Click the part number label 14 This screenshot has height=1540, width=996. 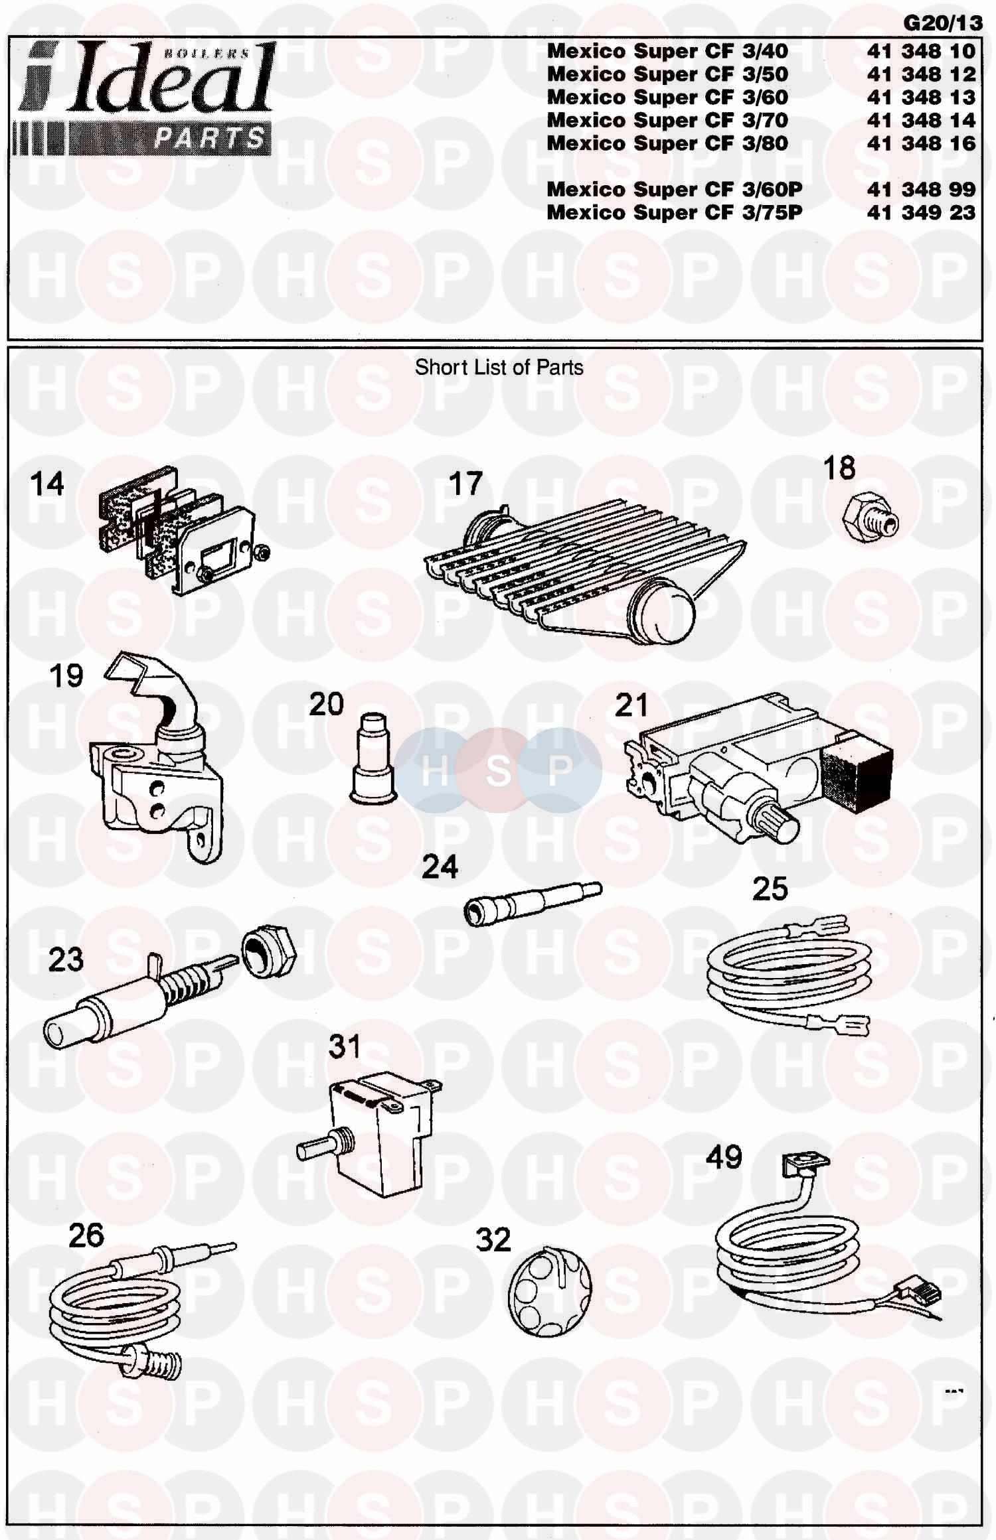pos(47,484)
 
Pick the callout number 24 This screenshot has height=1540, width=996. pos(440,867)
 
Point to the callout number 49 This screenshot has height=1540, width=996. pos(724,1157)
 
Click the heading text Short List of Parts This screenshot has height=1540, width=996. pos(499,368)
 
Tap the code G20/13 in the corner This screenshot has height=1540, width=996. pos(943,23)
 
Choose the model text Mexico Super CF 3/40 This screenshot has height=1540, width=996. pos(667,51)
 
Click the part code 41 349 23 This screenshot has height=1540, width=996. pos(921,212)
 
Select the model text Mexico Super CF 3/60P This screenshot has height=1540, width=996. pos(674,190)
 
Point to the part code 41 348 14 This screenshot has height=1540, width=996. pos(921,120)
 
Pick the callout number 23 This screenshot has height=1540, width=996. pos(66,959)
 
